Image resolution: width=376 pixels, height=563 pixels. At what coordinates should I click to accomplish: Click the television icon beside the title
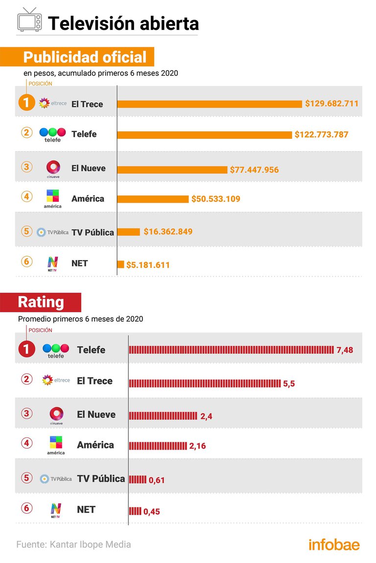[30, 21]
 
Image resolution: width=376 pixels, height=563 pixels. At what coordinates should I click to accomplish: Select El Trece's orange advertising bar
[209, 104]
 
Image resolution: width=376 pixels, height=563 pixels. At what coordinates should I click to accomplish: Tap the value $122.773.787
[321, 134]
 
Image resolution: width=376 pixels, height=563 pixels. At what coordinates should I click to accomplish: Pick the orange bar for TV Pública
[128, 232]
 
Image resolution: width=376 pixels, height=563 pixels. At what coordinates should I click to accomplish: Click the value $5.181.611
[148, 265]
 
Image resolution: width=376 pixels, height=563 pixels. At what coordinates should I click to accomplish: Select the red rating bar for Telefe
[231, 350]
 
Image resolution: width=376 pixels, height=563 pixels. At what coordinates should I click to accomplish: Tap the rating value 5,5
[289, 384]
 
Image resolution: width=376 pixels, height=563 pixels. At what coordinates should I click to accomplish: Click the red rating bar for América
[158, 446]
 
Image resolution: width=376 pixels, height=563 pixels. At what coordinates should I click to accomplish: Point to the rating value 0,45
[152, 512]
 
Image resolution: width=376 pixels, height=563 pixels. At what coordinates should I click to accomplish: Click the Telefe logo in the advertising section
[52, 134]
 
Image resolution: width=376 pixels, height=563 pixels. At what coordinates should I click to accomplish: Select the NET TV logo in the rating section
[55, 510]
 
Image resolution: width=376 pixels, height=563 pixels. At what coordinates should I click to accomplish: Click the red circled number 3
[27, 413]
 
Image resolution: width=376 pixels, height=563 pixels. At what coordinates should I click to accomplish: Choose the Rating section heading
[41, 302]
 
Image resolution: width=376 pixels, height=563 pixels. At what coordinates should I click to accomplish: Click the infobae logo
[333, 544]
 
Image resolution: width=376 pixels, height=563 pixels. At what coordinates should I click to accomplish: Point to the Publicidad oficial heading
[84, 57]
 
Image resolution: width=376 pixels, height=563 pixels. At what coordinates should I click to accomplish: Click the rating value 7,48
[345, 350]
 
